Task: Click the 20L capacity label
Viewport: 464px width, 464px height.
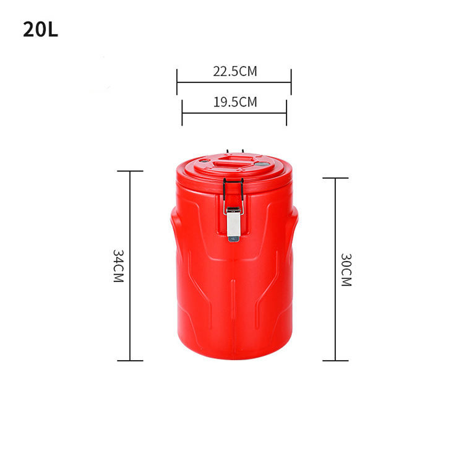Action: tap(41, 30)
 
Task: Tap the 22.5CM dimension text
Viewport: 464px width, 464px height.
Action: tap(235, 71)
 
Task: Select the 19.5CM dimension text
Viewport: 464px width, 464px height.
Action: tap(235, 102)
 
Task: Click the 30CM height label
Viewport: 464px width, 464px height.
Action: tap(346, 269)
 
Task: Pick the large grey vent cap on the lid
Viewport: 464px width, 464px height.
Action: tap(263, 165)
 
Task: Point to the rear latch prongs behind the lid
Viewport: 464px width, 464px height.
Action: tap(234, 151)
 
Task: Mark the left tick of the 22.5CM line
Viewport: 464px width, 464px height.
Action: tap(178, 82)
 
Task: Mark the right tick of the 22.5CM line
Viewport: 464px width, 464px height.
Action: tap(291, 82)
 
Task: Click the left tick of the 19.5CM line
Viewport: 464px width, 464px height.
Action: tap(183, 113)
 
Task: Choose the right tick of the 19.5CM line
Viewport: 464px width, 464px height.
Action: tap(286, 113)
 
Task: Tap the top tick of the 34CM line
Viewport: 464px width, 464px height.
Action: tap(130, 171)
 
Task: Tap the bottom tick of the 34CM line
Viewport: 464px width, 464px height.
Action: tap(130, 361)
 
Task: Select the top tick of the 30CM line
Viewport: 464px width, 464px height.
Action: tap(335, 178)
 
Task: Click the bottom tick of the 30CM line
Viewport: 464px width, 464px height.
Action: tap(335, 361)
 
